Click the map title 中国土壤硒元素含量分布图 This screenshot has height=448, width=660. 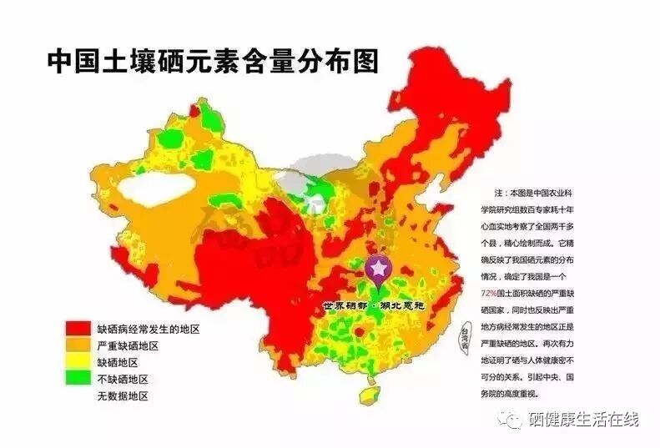tap(212, 61)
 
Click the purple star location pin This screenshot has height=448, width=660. tap(378, 269)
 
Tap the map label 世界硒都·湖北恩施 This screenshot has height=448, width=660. tap(375, 306)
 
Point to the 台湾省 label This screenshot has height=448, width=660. tap(455, 338)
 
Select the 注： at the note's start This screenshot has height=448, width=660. tap(501, 192)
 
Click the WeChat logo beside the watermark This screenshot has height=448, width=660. tap(511, 418)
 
